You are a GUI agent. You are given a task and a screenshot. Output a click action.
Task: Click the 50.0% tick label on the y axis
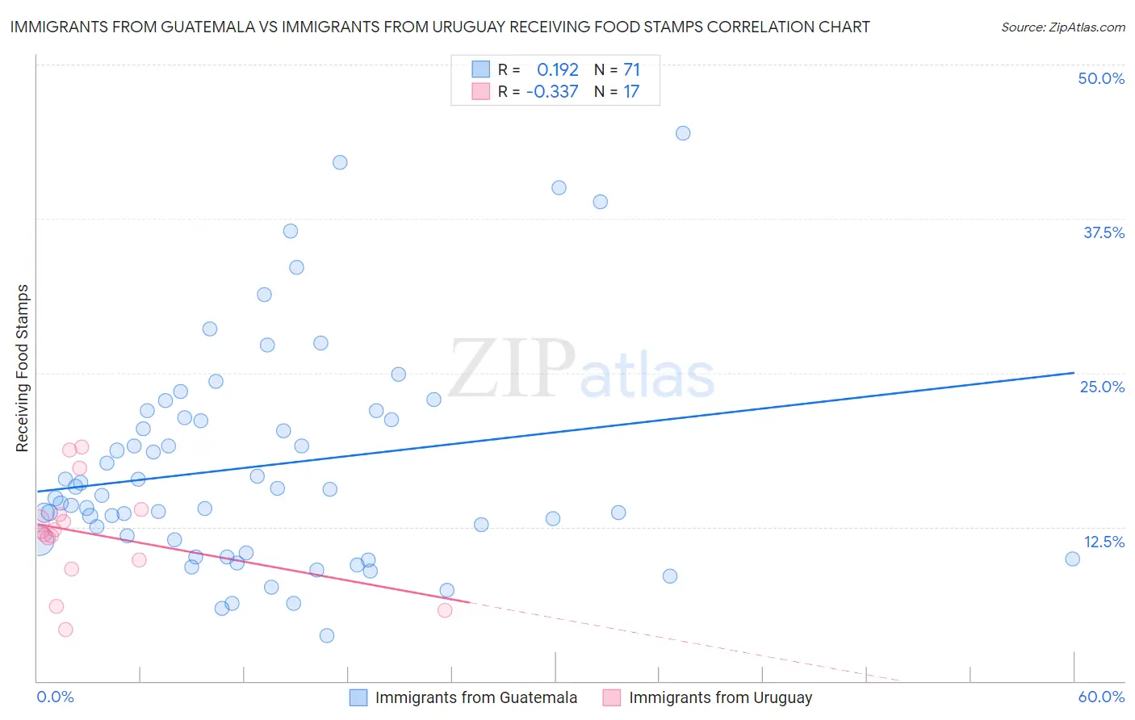[x=1101, y=78]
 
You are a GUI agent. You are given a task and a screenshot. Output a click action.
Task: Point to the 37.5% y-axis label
[x=1104, y=232]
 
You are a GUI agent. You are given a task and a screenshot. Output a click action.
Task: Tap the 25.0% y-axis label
[x=1102, y=387]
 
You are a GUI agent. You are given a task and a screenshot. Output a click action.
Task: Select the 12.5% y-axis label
[x=1104, y=542]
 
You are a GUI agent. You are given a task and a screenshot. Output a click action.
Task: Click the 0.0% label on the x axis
[x=55, y=697]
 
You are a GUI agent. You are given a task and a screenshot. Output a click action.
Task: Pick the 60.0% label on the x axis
[x=1101, y=697]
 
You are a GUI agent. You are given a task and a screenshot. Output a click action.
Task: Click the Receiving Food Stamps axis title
[x=22, y=368]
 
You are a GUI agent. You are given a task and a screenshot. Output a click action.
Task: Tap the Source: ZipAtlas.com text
[x=1062, y=27]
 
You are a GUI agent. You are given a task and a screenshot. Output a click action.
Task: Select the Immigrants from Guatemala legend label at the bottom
[x=475, y=697]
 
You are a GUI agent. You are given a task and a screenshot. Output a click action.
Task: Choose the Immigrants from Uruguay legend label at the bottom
[x=720, y=697]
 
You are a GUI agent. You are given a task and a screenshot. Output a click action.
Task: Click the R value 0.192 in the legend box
[x=558, y=69]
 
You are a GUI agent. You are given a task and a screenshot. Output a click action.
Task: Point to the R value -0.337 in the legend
[x=552, y=91]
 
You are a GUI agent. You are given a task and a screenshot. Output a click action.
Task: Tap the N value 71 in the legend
[x=631, y=69]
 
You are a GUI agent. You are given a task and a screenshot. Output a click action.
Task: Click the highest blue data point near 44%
[x=683, y=133]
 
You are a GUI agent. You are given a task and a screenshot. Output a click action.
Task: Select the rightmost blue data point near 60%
[x=1072, y=559]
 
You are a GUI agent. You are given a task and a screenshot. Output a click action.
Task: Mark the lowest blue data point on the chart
[x=327, y=635]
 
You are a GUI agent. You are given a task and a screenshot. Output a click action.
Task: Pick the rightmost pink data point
[x=445, y=610]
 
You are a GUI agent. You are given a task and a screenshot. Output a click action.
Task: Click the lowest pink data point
[x=65, y=630]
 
